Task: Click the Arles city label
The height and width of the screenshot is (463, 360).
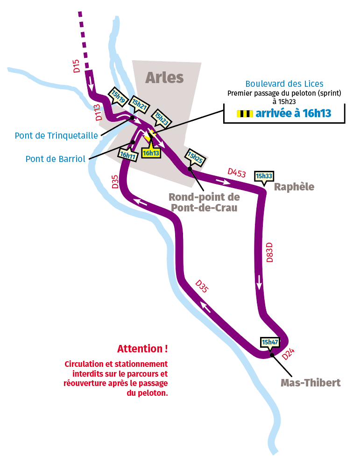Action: pyautogui.click(x=164, y=77)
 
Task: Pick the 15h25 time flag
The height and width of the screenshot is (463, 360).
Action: pyautogui.click(x=194, y=158)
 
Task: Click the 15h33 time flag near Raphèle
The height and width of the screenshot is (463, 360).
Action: pyautogui.click(x=263, y=176)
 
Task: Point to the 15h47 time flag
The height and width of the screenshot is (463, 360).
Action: pyautogui.click(x=270, y=342)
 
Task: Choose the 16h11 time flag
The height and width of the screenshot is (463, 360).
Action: pyautogui.click(x=127, y=155)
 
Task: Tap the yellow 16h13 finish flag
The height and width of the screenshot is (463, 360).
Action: pyautogui.click(x=151, y=153)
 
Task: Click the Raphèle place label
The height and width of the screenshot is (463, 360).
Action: pyautogui.click(x=294, y=187)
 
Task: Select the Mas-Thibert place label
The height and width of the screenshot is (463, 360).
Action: pyautogui.click(x=310, y=383)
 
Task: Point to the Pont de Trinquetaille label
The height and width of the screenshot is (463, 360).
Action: pyautogui.click(x=56, y=136)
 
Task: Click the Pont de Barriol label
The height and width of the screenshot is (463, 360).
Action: pyautogui.click(x=55, y=159)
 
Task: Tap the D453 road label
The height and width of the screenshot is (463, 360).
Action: pyautogui.click(x=237, y=172)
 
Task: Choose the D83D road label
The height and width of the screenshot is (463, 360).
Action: pyautogui.click(x=269, y=252)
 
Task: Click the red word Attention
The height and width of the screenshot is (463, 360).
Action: pyautogui.click(x=142, y=349)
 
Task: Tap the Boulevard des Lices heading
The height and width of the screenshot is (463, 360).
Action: pyautogui.click(x=284, y=84)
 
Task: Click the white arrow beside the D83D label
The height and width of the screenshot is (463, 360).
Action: pyautogui.click(x=259, y=281)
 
